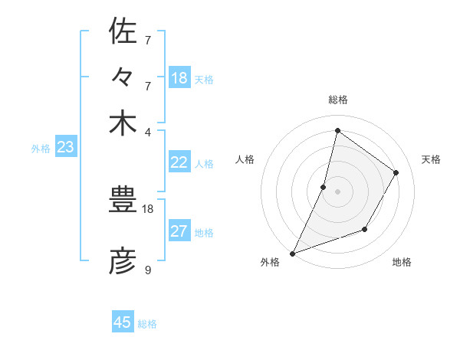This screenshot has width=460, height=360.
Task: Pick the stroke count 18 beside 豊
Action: [x=148, y=208]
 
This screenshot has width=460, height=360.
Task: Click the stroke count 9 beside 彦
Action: [x=148, y=270]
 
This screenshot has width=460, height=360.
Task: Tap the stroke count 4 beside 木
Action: [x=148, y=132]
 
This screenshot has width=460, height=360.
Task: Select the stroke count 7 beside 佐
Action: [x=148, y=40]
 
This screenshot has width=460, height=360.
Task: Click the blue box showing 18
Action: [x=179, y=77]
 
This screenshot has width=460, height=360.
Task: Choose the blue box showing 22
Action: [x=179, y=162]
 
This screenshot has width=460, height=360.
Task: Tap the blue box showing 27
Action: [x=179, y=231]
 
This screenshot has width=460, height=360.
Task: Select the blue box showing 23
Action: [x=65, y=147]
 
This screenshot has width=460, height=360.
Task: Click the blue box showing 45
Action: [x=123, y=322]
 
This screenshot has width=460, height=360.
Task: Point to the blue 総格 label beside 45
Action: [x=148, y=324]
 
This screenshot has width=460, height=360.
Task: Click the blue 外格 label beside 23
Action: [x=41, y=149]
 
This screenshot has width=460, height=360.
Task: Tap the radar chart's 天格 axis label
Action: [x=431, y=159]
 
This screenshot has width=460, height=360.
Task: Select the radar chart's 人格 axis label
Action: [x=245, y=159]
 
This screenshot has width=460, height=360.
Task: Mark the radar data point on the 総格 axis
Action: [x=337, y=131]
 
